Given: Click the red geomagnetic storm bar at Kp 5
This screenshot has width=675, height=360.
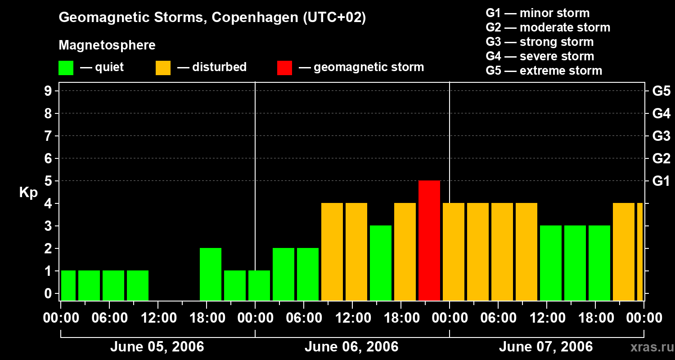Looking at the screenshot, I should (429, 240).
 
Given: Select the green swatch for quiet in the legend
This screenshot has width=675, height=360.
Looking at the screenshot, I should (66, 67).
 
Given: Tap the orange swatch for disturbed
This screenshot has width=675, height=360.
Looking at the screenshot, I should (163, 67).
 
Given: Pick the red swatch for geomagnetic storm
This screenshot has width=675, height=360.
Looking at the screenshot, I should (284, 67).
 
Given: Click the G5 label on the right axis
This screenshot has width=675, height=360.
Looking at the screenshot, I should (661, 91).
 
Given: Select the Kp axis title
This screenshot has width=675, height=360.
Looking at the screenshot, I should (28, 193).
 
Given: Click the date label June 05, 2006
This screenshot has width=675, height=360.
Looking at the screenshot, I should (157, 347).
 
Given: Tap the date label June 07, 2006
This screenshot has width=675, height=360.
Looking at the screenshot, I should (546, 347).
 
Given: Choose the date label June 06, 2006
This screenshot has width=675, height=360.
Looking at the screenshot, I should (351, 347).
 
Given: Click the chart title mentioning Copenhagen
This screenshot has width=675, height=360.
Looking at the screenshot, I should (212, 18).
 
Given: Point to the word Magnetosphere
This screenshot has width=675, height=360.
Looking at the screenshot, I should (107, 45).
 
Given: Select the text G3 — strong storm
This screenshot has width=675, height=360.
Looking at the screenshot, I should (540, 42).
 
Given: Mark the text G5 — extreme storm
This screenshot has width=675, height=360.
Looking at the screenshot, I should (544, 71).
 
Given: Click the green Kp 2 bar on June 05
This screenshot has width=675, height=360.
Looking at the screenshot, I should (211, 274).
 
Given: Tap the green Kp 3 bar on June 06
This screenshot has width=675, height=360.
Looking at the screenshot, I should (381, 263).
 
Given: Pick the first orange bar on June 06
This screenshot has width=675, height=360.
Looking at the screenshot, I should (332, 252).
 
